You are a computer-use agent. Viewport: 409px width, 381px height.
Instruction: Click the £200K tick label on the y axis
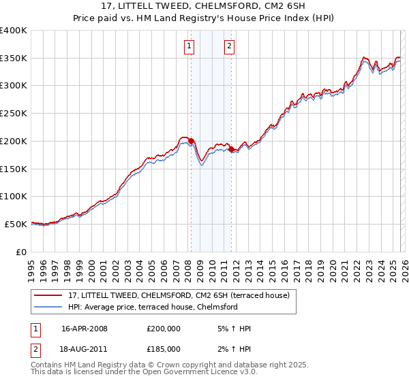pyautogui.click(x=14, y=141)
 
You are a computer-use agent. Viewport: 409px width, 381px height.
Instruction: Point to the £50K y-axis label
pyautogui.click(x=16, y=224)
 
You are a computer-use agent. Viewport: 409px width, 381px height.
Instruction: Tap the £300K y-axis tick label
pyautogui.click(x=14, y=86)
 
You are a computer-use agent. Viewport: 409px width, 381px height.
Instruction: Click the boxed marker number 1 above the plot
pyautogui.click(x=189, y=46)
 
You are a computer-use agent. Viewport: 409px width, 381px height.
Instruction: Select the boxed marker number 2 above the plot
pyautogui.click(x=230, y=46)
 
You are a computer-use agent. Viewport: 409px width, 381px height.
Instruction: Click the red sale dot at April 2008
pyautogui.click(x=191, y=142)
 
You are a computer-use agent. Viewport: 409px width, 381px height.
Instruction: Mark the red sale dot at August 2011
pyautogui.click(x=231, y=149)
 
